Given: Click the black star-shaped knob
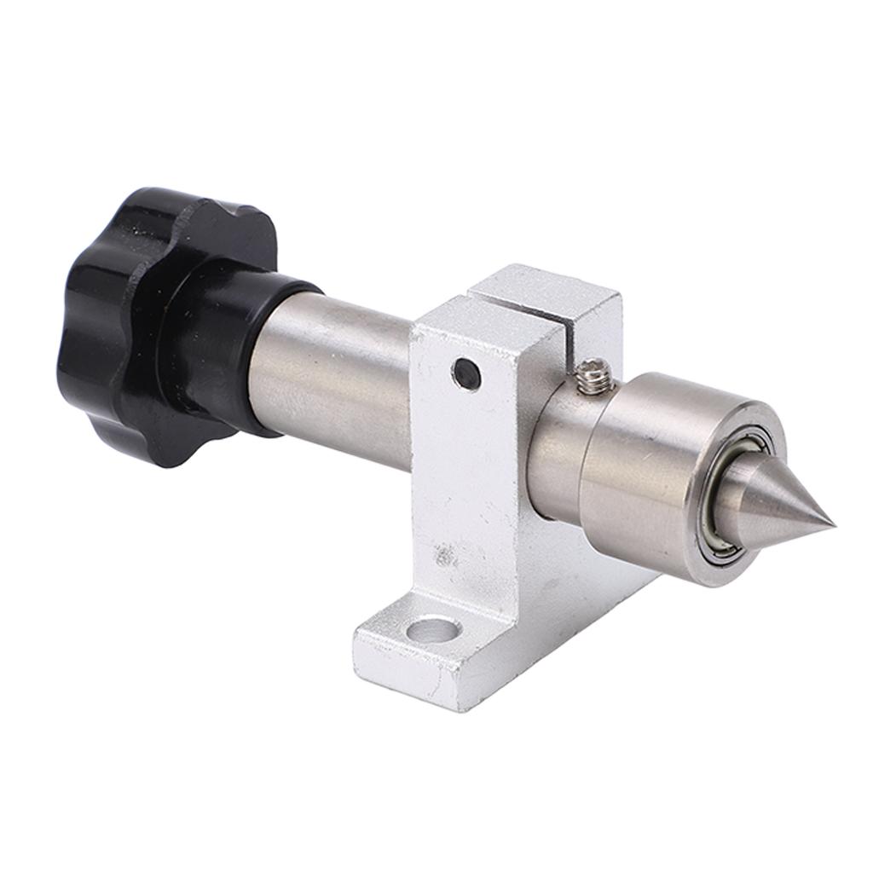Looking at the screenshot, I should pyautogui.click(x=128, y=324).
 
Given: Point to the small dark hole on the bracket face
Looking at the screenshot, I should pyautogui.click(x=466, y=373).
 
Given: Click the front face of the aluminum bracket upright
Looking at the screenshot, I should pyautogui.click(x=469, y=477).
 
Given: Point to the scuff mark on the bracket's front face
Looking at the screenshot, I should pyautogui.click(x=443, y=557).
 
